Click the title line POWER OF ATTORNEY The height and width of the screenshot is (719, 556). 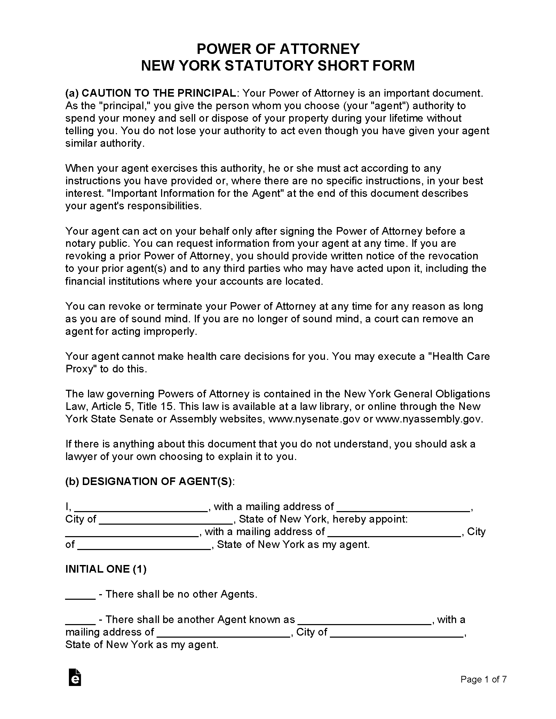click(x=278, y=49)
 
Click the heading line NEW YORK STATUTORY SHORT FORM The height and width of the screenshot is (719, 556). click(x=278, y=66)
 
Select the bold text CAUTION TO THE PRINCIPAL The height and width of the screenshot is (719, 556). click(x=159, y=93)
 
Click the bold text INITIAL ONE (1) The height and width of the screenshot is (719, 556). click(x=106, y=569)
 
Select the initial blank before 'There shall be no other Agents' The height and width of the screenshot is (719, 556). click(x=80, y=595)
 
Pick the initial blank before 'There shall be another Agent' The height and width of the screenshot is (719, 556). click(x=80, y=620)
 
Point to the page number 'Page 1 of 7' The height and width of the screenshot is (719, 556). click(x=483, y=689)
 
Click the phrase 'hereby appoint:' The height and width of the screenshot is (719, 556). click(x=370, y=519)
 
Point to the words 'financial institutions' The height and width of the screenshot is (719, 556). click(x=112, y=281)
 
